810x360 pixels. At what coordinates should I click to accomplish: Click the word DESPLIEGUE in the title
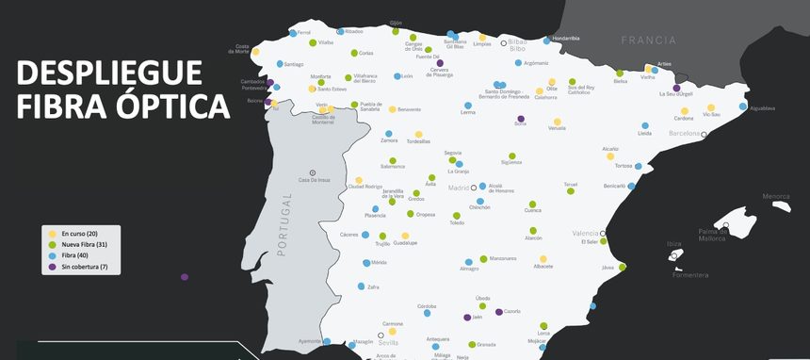click(x=108, y=74)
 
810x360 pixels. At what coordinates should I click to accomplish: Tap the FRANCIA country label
click(x=648, y=41)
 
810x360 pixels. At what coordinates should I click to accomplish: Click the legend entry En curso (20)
click(x=79, y=233)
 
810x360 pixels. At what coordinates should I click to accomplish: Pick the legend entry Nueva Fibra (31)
click(x=84, y=244)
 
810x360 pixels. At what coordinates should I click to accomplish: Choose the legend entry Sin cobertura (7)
click(x=84, y=267)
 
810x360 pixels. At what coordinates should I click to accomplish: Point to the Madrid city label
click(x=458, y=188)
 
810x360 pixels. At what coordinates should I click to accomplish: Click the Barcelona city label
click(x=684, y=134)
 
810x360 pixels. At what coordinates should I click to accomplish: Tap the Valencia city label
click(x=585, y=233)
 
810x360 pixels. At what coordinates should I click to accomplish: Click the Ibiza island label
click(x=673, y=244)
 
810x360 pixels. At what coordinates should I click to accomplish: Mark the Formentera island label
click(x=689, y=275)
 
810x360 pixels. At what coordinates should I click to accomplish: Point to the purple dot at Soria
click(x=521, y=119)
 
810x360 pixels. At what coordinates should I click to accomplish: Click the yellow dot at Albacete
click(x=543, y=258)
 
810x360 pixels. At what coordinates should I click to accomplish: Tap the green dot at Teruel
click(x=571, y=191)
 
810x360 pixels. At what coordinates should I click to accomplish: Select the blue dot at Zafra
click(x=361, y=286)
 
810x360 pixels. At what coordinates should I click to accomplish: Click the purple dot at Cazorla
click(x=499, y=312)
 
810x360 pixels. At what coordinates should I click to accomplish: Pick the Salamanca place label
click(x=393, y=167)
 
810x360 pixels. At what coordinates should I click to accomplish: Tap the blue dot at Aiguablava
click(x=743, y=106)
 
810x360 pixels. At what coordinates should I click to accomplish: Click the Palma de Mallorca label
click(x=712, y=235)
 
